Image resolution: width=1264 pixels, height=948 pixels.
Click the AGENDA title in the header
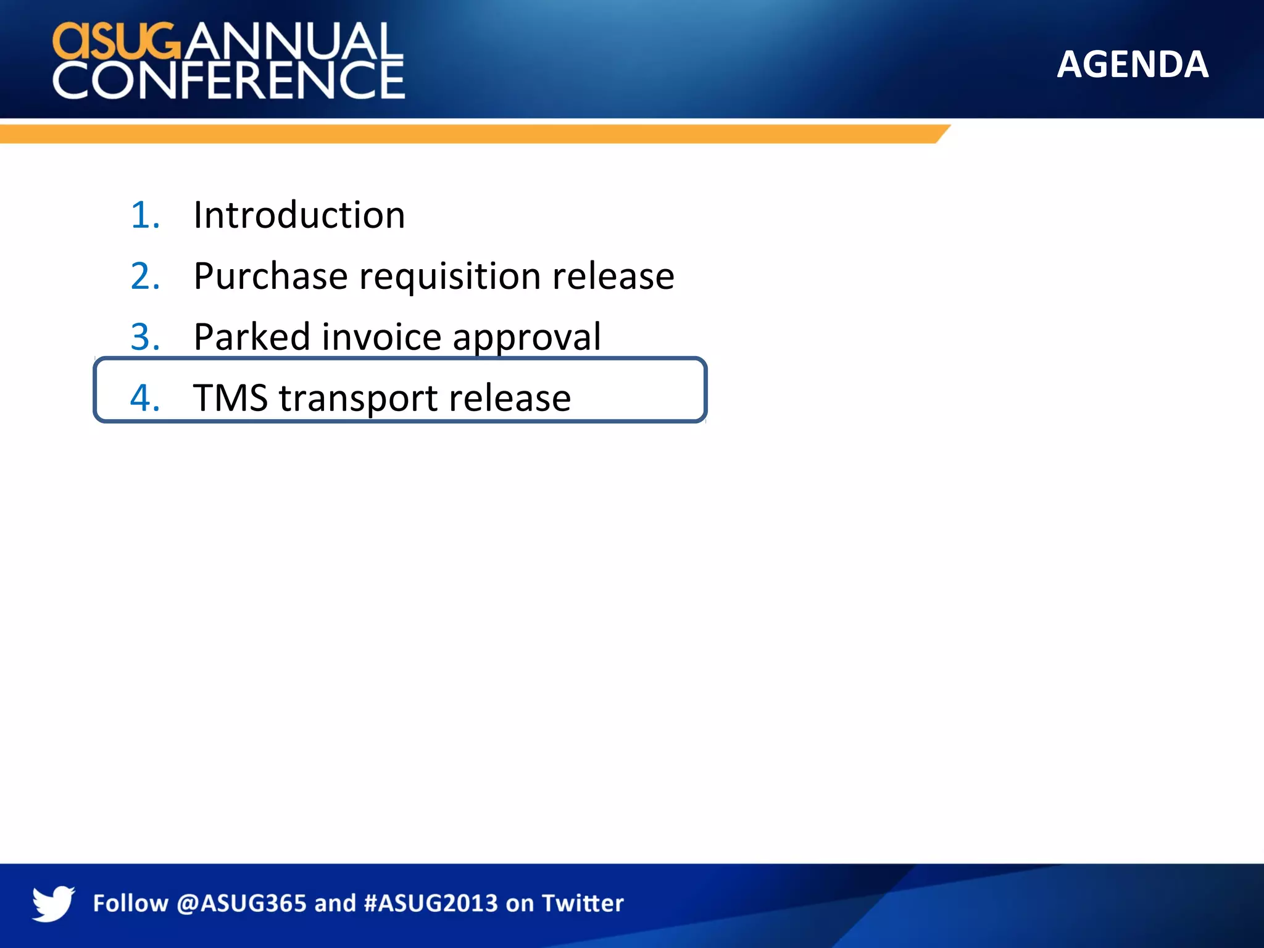[1132, 64]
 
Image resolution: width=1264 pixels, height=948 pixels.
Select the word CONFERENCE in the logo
[228, 80]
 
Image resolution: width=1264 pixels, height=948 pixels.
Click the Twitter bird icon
[53, 903]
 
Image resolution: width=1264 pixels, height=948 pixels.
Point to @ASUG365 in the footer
[241, 904]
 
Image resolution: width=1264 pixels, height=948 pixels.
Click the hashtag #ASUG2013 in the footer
[431, 904]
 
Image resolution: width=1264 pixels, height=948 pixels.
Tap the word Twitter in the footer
[583, 904]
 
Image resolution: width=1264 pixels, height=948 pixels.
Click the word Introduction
[299, 215]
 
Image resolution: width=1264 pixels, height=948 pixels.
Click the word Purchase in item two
[270, 276]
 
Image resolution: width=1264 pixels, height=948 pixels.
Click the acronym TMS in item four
[230, 397]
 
